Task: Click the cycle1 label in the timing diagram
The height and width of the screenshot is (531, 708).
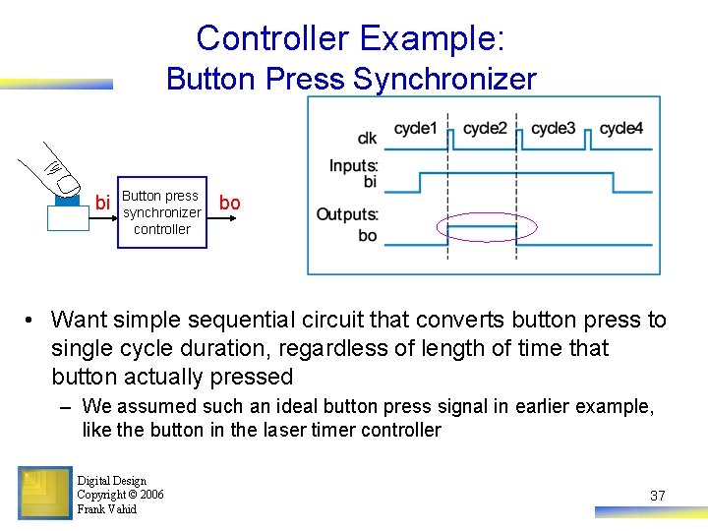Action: pos(416,129)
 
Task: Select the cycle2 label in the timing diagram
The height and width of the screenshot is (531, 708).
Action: pos(485,129)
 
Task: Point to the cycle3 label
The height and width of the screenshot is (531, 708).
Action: pos(553,129)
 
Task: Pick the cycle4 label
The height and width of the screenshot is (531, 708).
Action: pos(621,129)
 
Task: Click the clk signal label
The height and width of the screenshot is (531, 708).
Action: pos(367,139)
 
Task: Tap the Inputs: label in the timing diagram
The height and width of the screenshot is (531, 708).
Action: pos(354,166)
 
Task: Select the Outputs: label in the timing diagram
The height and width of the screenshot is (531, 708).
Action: pos(348,214)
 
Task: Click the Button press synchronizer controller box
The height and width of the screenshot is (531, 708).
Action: pos(162,212)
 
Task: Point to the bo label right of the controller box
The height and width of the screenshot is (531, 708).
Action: pos(229,203)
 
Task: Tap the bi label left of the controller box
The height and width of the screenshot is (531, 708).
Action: pos(102,204)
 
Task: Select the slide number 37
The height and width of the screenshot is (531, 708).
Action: pos(658,496)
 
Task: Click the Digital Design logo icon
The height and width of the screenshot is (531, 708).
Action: pos(44,493)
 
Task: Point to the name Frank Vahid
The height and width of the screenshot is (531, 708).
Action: pos(106,509)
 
